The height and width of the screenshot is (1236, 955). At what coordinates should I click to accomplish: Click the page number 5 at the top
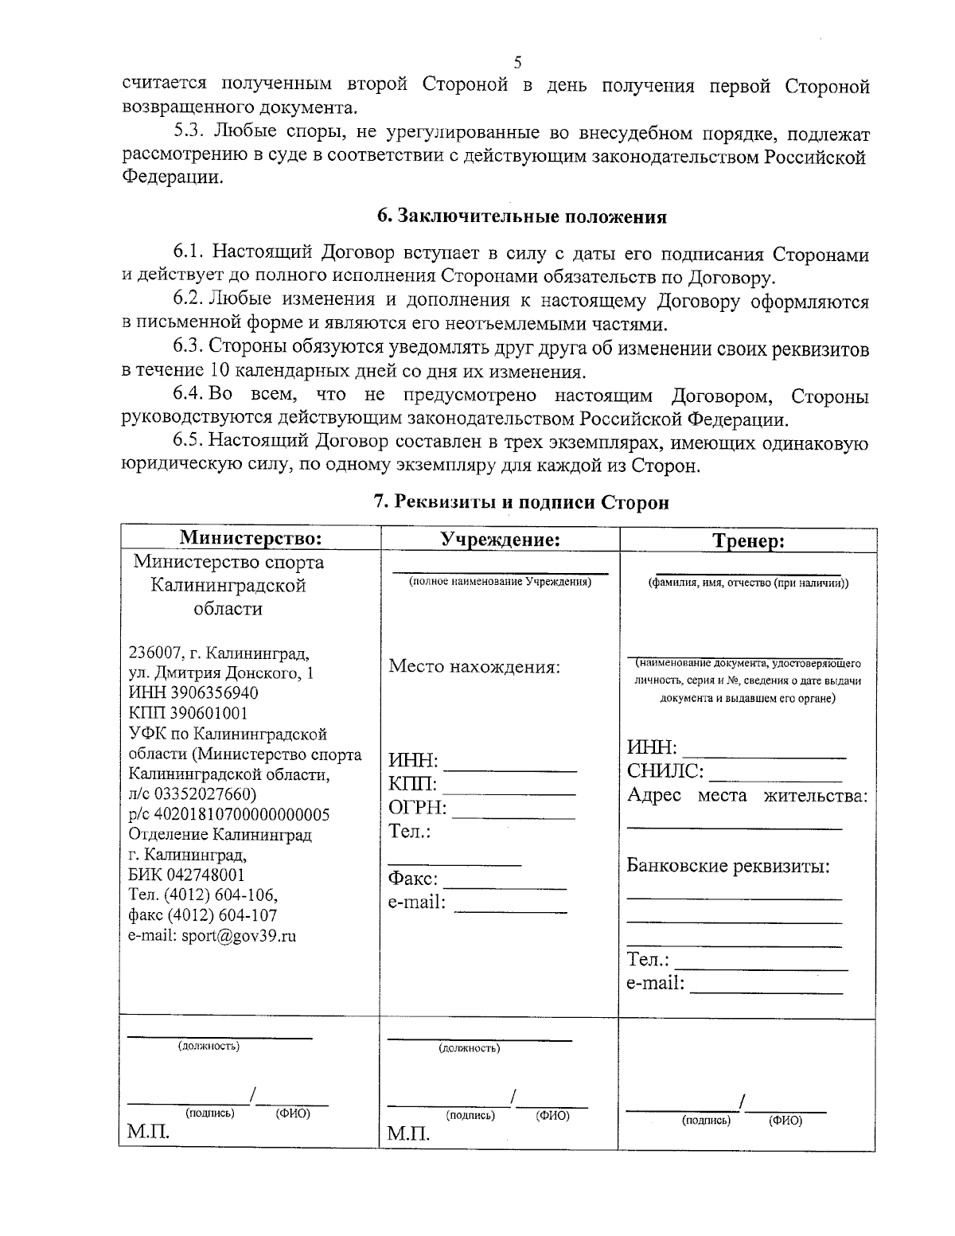click(517, 62)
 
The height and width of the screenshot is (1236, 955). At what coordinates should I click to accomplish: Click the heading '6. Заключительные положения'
click(521, 216)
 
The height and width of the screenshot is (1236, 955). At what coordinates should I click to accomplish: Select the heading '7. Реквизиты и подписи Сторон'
click(521, 502)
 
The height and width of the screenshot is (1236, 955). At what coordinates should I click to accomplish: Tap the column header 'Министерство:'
click(251, 539)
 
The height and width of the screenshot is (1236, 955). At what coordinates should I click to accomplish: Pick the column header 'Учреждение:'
click(501, 540)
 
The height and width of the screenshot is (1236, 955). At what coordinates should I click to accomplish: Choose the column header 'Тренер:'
click(748, 541)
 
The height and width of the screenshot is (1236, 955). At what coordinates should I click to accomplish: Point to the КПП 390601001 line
click(188, 713)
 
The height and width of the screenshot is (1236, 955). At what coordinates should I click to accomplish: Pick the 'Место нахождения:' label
click(474, 667)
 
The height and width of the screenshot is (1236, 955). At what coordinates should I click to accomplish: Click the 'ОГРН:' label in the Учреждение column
click(417, 809)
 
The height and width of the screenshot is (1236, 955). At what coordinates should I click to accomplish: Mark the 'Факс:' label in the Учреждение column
click(413, 879)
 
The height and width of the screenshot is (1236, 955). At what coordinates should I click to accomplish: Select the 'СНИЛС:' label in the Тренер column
click(665, 771)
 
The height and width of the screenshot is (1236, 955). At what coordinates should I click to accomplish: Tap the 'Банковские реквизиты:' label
click(728, 866)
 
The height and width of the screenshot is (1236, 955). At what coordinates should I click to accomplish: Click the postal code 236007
click(155, 653)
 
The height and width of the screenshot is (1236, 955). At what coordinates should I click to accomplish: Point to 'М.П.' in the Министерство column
click(149, 1132)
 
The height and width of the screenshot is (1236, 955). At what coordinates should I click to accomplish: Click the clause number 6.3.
click(189, 349)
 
